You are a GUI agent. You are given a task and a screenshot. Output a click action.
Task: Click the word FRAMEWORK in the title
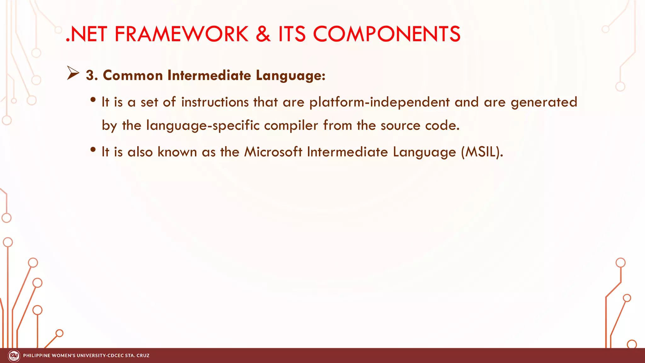pos(181,34)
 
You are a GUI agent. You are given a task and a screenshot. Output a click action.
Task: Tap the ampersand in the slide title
pos(263,34)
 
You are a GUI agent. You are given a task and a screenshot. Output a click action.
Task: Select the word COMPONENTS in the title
pos(386,34)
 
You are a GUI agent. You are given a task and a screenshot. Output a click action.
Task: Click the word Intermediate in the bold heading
pos(209,76)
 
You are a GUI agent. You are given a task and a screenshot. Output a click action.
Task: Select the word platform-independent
pos(379,102)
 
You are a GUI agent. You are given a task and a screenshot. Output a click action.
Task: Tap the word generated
pos(544,102)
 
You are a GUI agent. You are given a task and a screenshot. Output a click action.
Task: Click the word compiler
pos(291,126)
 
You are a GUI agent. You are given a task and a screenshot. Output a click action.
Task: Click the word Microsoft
pos(273,152)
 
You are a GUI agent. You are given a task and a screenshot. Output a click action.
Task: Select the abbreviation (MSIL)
pos(482,152)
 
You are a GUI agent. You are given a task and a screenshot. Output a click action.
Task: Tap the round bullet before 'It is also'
pos(93,149)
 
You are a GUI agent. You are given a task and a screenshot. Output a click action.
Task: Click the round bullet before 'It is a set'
pos(93,100)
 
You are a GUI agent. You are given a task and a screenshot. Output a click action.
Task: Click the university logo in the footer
pos(14,356)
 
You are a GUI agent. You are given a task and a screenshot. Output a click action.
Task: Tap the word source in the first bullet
pos(400,126)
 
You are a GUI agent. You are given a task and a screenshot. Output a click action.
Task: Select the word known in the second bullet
pos(177,152)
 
